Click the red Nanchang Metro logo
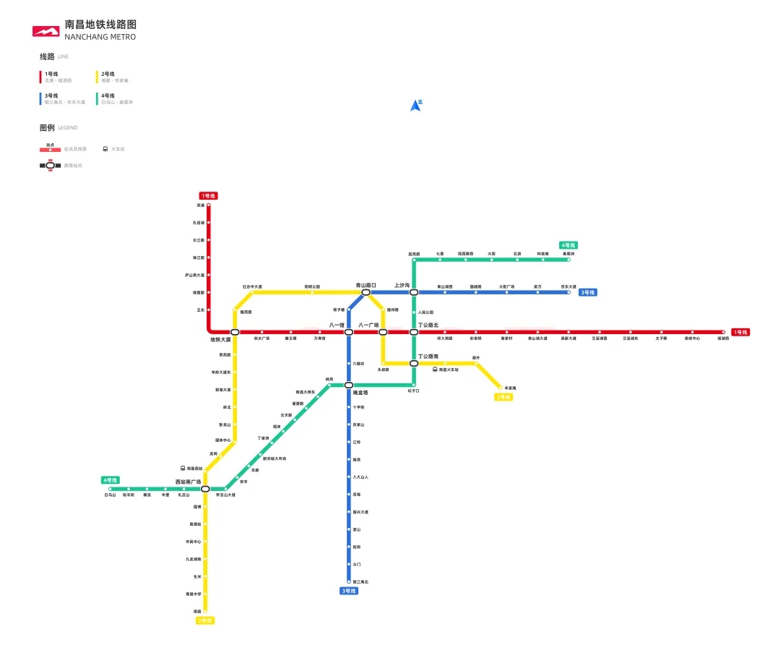coord(46,31)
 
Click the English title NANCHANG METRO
coord(100,37)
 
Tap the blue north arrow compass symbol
coord(415,106)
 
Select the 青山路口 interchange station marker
coord(366,292)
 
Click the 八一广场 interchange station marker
coord(383,332)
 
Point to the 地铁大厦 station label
coord(220,339)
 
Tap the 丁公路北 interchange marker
coord(414,332)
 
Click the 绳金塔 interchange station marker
coord(348,385)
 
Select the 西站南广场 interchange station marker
coord(205,489)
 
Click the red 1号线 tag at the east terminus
coord(740,332)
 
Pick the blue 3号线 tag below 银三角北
coord(348,591)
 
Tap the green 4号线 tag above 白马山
coord(110,480)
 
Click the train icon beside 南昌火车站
coord(435,370)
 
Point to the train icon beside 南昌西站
coord(183,469)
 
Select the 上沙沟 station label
coord(402,285)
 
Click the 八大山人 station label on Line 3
coord(360,477)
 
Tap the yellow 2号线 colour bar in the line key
coord(98,77)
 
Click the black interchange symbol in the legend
coord(50,166)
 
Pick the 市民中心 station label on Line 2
coord(193,542)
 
